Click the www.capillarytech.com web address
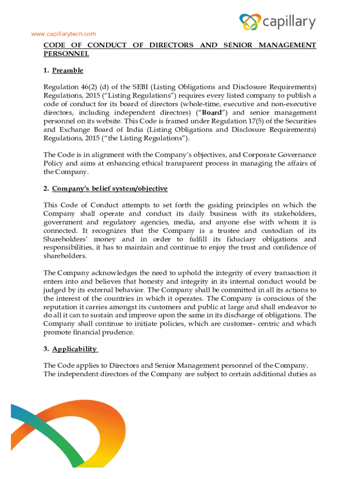click(x=63, y=34)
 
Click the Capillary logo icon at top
click(x=250, y=22)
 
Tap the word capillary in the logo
click(x=289, y=22)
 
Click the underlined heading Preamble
click(x=68, y=70)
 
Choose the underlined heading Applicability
click(x=75, y=348)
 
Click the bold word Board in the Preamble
click(x=211, y=113)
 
